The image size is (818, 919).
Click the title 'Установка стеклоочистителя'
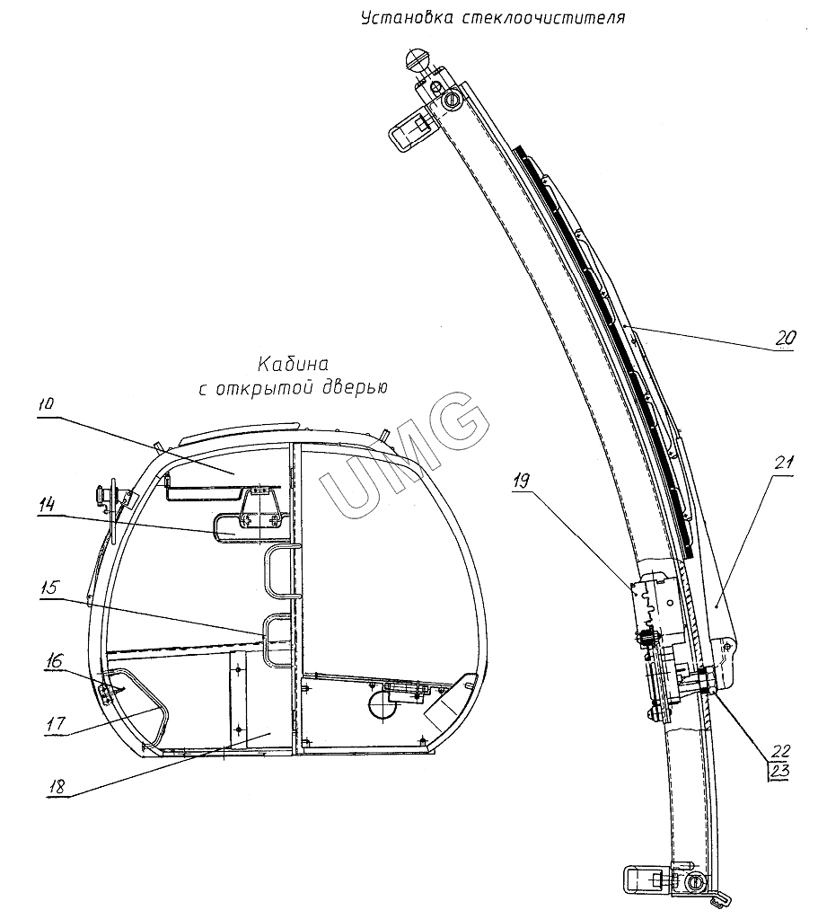pyautogui.click(x=491, y=17)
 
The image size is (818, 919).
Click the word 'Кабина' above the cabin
pyautogui.click(x=294, y=365)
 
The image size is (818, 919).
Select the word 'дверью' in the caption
pyautogui.click(x=352, y=388)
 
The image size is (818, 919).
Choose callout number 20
pyautogui.click(x=785, y=340)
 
